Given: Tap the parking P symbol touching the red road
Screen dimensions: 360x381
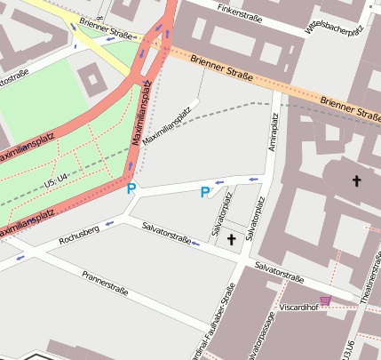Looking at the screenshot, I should [x=131, y=188].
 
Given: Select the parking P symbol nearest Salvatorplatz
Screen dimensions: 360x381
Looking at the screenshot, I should [x=205, y=192].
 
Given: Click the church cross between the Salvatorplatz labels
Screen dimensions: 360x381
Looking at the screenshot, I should [x=233, y=239].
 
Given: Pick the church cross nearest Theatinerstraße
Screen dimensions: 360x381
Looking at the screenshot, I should [x=358, y=181].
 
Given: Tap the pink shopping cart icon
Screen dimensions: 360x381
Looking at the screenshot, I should [x=325, y=300].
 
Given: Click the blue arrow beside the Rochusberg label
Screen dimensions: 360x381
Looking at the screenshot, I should [x=109, y=225].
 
